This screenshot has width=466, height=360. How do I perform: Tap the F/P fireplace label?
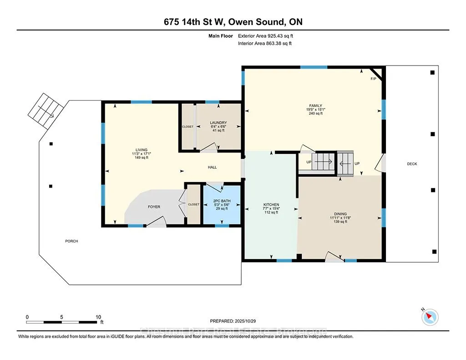373,79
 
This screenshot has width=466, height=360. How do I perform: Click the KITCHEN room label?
271,205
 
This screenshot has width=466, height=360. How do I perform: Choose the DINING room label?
340,214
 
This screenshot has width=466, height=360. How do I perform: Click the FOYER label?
154,207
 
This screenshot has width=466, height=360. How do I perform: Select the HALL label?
212,167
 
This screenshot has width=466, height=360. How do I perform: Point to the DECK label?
412,164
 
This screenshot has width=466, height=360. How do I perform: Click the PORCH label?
71,241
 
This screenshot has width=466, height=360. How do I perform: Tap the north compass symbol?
430,316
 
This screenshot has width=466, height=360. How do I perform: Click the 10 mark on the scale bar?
98,317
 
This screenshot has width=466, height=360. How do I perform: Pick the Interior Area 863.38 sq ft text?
264,44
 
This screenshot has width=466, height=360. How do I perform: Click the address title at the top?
233,22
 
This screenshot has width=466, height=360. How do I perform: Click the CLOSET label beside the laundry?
187,127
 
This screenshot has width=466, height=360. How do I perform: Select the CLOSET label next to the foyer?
194,204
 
